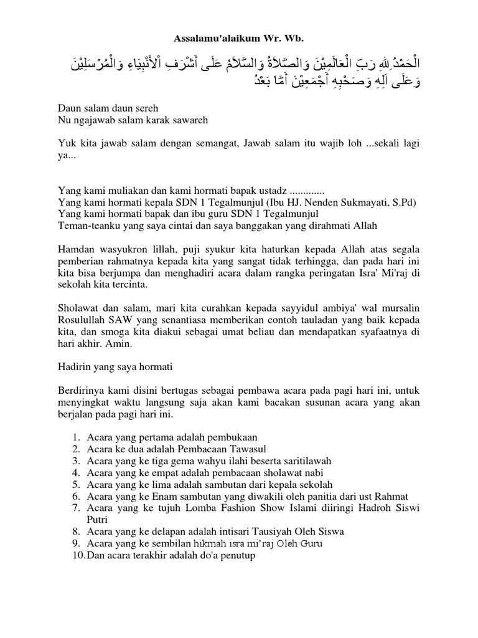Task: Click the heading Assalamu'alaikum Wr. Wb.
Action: [239, 39]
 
